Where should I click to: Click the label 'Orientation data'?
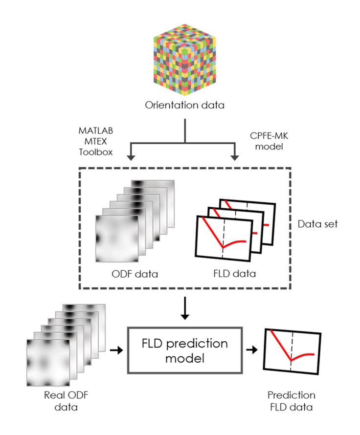pos(184,104)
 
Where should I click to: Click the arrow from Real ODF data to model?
pos(115,350)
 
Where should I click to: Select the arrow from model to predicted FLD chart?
pos(252,350)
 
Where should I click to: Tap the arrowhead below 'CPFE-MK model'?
pos(235,157)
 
